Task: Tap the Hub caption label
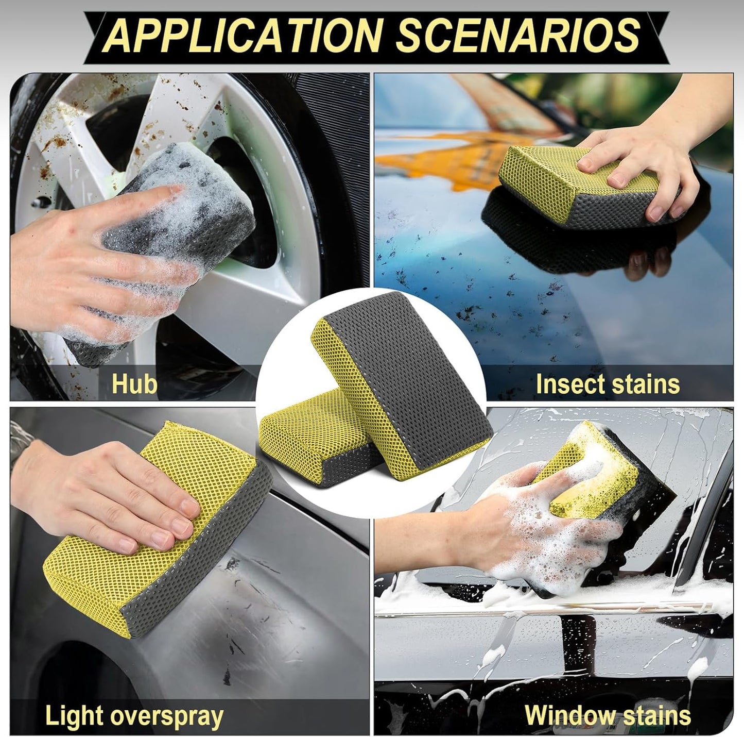click(134, 384)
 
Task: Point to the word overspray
click(173, 716)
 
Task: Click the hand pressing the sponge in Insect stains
click(638, 165)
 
